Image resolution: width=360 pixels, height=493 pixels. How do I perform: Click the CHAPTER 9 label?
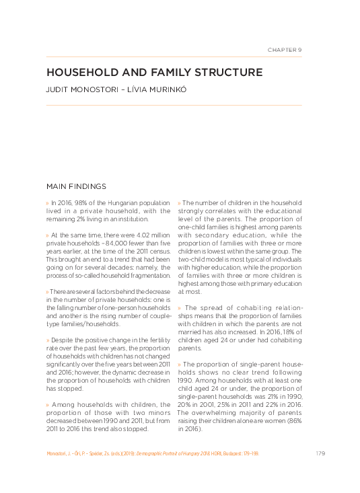point(284,50)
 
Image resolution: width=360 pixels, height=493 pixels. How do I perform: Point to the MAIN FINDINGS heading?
point(77,186)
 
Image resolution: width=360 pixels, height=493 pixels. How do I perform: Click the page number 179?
point(320,453)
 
